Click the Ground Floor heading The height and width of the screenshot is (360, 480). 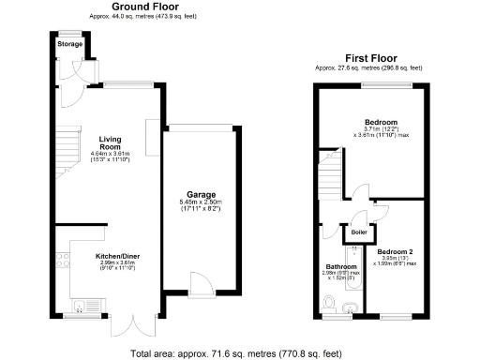(141, 7)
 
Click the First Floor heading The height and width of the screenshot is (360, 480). (368, 57)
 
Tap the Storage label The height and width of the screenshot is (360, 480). (68, 44)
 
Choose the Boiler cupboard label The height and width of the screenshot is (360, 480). (358, 232)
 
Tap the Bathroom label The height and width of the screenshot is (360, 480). (341, 266)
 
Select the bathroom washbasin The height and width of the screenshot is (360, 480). (351, 307)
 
